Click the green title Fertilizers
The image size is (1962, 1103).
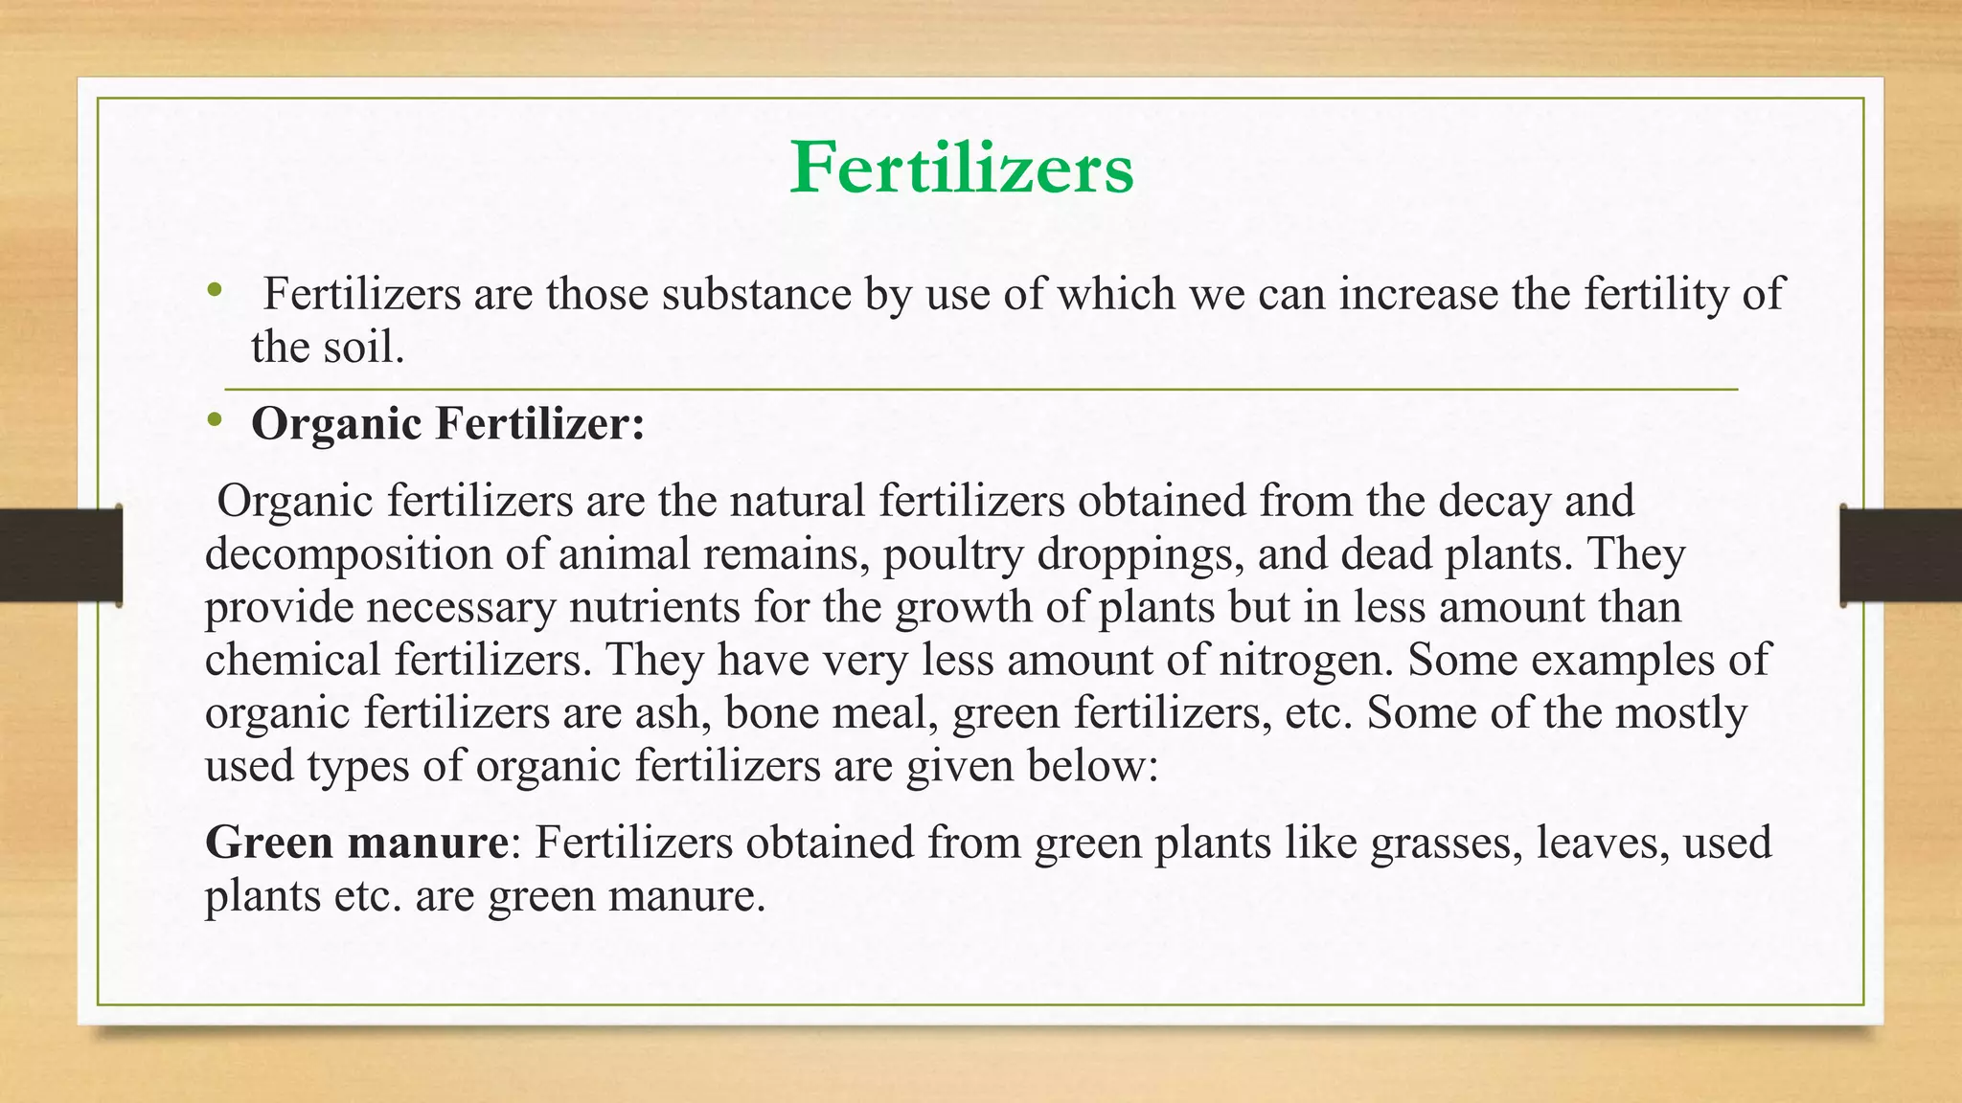pos(962,169)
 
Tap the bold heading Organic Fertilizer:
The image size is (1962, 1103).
pos(447,424)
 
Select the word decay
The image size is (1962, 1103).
pos(1494,502)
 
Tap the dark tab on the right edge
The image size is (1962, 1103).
pos(1901,554)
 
